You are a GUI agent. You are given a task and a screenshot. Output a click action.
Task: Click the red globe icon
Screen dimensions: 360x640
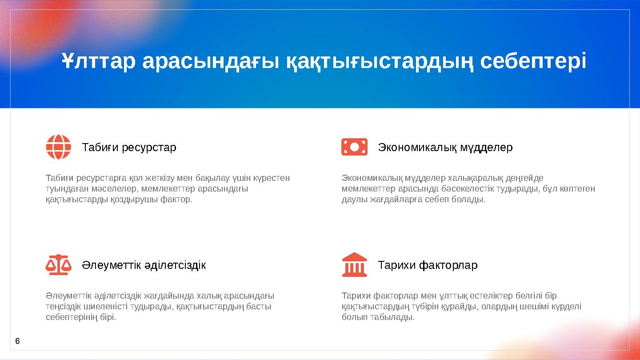tap(59, 147)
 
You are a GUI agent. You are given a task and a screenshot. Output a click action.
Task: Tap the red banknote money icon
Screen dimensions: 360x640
tap(354, 147)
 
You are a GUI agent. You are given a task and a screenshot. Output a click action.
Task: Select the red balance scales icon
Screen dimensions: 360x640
tap(59, 265)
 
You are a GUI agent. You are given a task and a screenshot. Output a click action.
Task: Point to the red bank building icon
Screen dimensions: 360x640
tap(354, 265)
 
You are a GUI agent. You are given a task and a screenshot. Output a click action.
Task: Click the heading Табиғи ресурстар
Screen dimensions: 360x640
tap(129, 147)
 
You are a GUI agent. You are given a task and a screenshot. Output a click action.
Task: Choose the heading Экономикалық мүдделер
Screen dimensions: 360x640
tap(445, 147)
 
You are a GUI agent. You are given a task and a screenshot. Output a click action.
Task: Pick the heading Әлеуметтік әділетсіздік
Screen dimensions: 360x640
tap(144, 265)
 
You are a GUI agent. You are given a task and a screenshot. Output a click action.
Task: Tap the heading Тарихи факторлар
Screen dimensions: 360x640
tap(428, 265)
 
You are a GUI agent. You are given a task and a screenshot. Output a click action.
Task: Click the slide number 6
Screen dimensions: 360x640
tap(17, 341)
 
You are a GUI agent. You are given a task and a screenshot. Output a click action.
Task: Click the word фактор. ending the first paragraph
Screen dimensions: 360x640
tap(179, 200)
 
